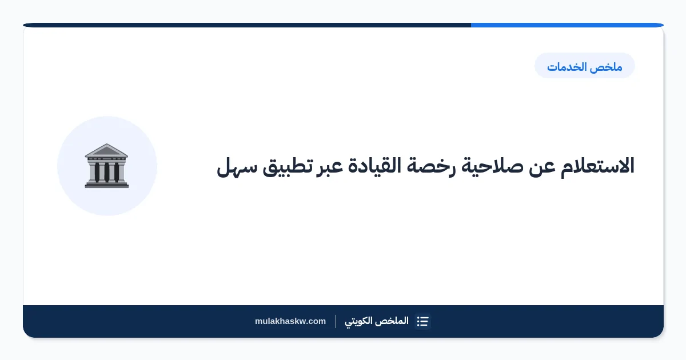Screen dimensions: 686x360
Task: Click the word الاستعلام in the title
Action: [597, 166]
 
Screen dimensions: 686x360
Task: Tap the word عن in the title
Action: [542, 168]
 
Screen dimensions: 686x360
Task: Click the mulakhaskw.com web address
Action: [290, 321]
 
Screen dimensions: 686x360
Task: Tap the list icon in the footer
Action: [422, 321]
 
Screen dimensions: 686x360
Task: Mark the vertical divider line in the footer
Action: [336, 321]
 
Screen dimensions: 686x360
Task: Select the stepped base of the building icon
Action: [106, 184]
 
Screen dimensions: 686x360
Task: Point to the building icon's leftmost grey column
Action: [92, 172]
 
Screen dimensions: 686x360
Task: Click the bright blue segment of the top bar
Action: [567, 25]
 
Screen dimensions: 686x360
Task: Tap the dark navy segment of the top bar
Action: [247, 25]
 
